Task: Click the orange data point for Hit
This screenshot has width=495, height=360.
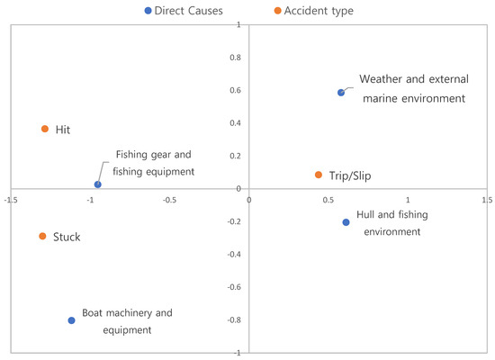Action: [x=45, y=129]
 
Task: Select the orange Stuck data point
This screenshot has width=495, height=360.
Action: [x=42, y=236]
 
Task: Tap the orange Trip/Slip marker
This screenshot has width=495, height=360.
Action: [x=319, y=175]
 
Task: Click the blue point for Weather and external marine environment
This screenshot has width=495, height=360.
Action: [x=341, y=93]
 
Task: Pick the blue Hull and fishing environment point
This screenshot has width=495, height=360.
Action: [x=346, y=222]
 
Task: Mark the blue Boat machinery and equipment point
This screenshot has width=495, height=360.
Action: [x=72, y=320]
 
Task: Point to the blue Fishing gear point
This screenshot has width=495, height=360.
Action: [x=98, y=184]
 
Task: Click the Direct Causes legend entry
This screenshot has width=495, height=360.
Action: [x=184, y=11]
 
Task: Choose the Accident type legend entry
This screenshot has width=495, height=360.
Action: [x=314, y=11]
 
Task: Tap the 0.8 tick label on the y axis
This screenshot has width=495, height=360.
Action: [x=235, y=58]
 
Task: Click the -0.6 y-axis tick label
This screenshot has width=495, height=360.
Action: [x=234, y=287]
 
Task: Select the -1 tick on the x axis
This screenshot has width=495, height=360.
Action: [x=90, y=200]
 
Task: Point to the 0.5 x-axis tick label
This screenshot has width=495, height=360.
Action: [x=328, y=200]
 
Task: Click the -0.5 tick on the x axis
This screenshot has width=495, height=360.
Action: [x=169, y=200]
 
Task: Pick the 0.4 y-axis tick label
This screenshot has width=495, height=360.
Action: [x=235, y=123]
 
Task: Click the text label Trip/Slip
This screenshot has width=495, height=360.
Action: [x=350, y=175]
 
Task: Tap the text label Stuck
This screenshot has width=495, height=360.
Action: [x=67, y=237]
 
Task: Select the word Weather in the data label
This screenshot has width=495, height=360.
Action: [x=381, y=79]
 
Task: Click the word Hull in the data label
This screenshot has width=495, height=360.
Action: [x=365, y=215]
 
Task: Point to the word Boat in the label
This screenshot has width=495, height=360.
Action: [x=92, y=313]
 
